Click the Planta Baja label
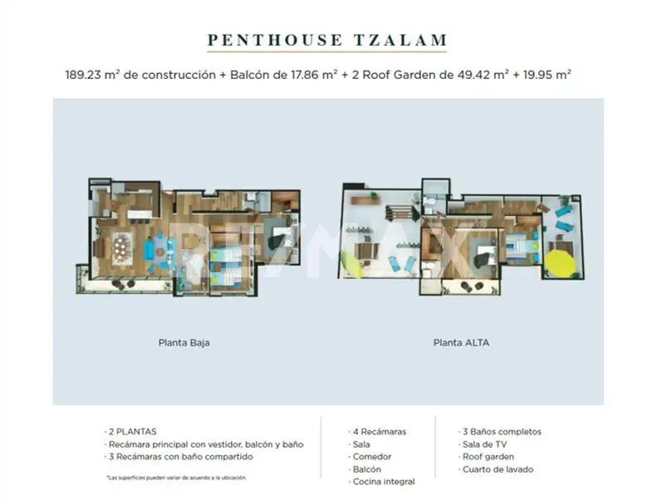(183, 341)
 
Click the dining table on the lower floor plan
(122, 247)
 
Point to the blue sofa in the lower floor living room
(150, 249)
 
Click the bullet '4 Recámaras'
(379, 432)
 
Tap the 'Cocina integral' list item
(383, 482)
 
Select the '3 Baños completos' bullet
(501, 432)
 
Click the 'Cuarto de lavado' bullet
(498, 469)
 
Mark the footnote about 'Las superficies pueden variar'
(175, 478)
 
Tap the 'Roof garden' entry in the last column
(488, 457)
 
